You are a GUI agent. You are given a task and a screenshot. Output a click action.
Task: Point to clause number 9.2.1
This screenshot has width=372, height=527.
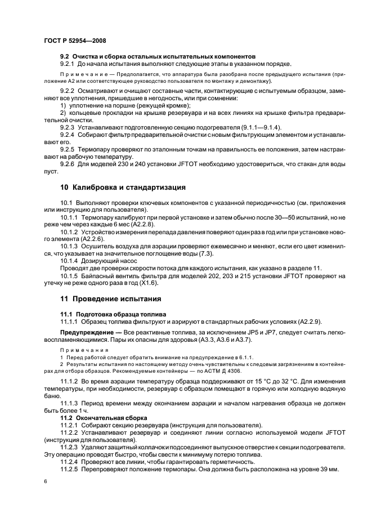(x=70, y=64)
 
